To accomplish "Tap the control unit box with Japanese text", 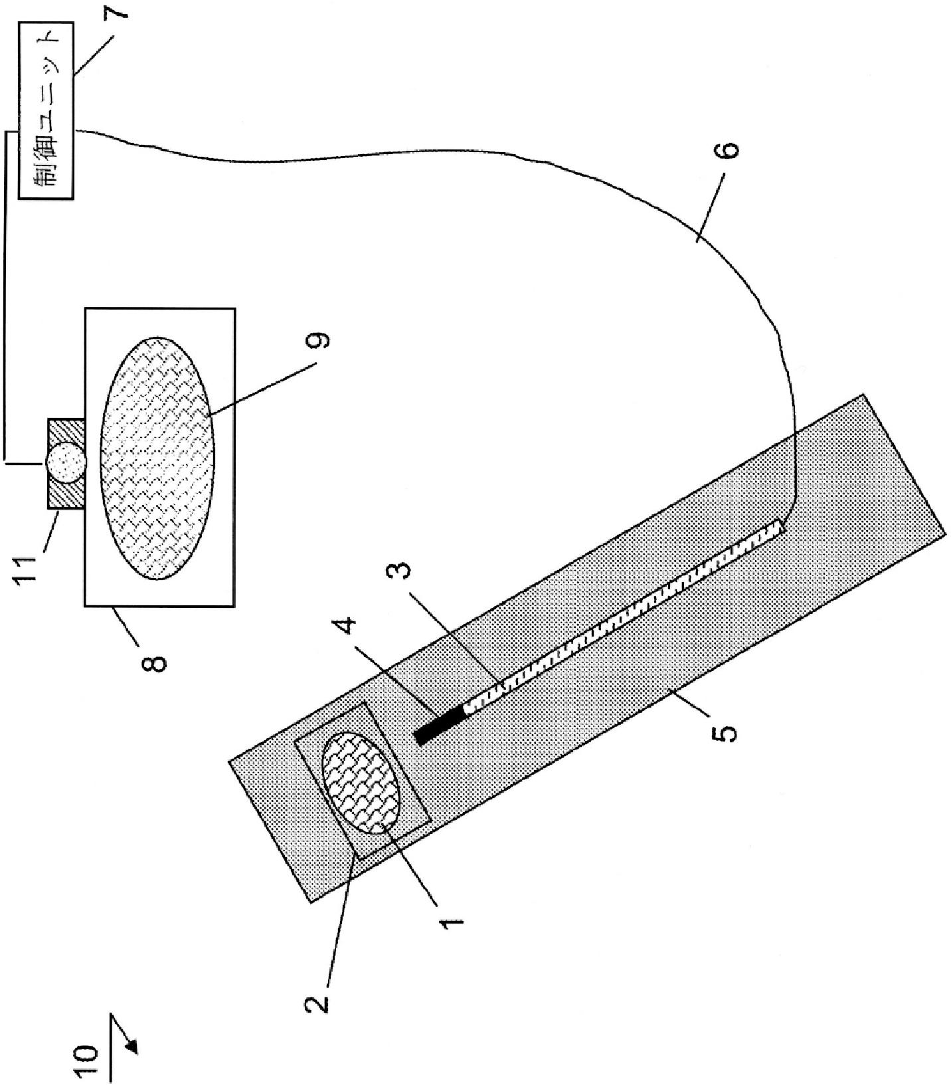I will point(46,110).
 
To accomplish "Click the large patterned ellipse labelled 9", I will point(157,458).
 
